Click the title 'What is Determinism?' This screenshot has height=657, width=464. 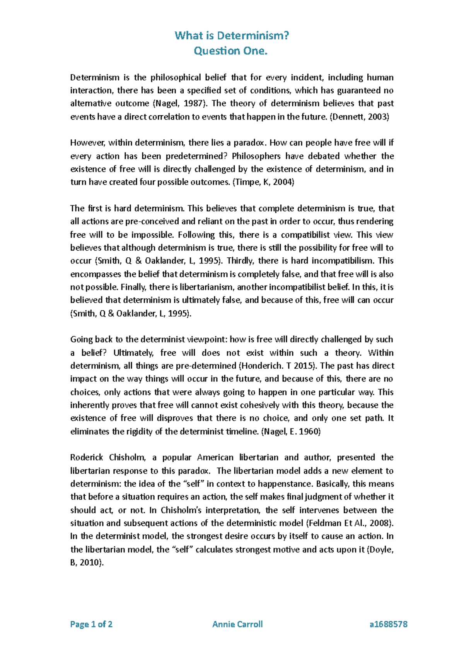pyautogui.click(x=232, y=36)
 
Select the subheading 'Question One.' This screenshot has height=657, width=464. pyautogui.click(x=230, y=51)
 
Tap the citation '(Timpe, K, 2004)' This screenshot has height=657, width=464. pyautogui.click(x=263, y=182)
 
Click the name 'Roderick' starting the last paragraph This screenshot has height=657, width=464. pyautogui.click(x=86, y=457)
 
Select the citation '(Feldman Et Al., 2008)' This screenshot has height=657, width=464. pyautogui.click(x=350, y=523)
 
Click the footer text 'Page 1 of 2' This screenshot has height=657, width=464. pyautogui.click(x=91, y=624)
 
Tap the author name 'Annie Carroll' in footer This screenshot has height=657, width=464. pyautogui.click(x=237, y=624)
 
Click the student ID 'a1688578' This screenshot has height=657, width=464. pyautogui.click(x=388, y=624)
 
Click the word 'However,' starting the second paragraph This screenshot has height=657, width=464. pyautogui.click(x=87, y=142)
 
